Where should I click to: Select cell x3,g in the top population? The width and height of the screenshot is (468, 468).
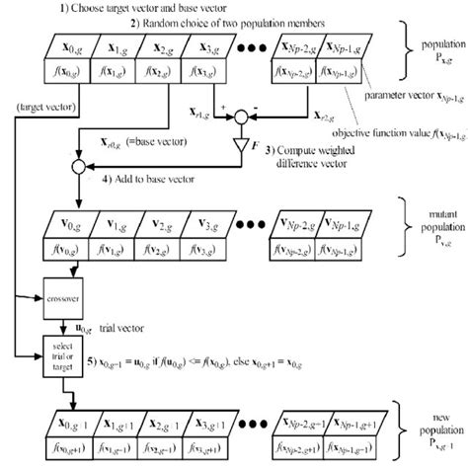(x=203, y=47)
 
